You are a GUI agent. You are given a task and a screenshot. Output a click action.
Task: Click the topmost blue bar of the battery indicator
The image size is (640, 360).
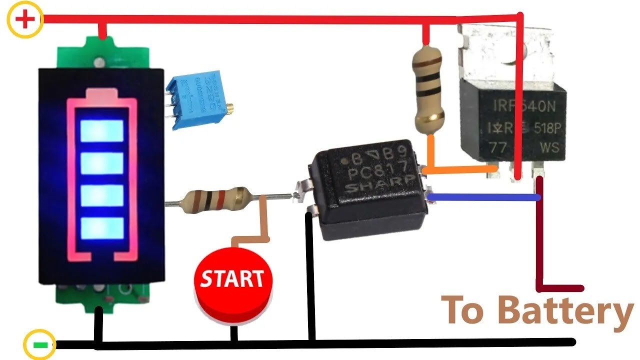click(x=101, y=131)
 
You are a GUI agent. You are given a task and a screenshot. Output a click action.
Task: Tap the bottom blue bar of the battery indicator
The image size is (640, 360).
click(x=101, y=228)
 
